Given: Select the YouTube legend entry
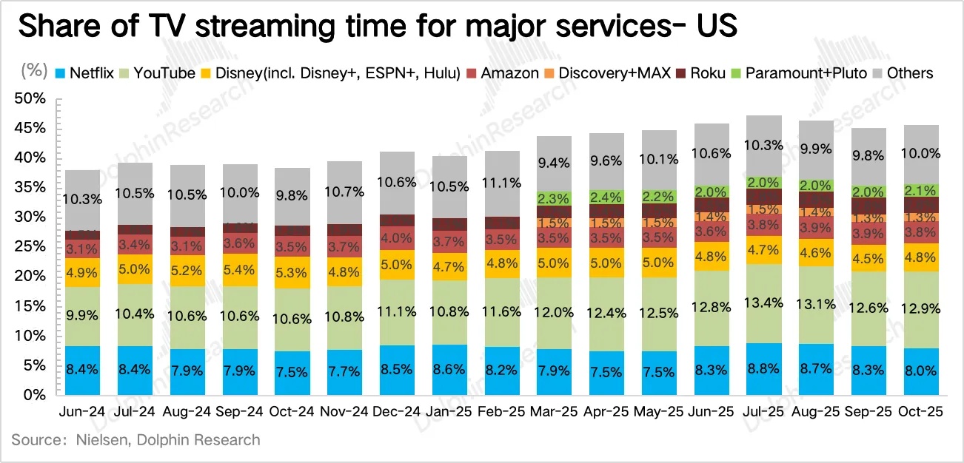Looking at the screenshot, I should point(161,73).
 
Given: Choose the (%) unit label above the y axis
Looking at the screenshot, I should point(34,72).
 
